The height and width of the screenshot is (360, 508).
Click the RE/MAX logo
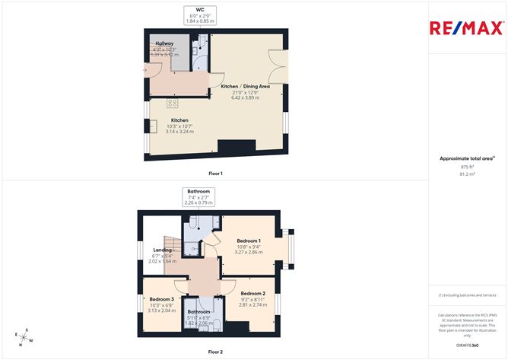[465, 28]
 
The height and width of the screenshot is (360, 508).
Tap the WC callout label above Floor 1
[200, 14]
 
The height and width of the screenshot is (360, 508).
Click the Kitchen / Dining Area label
[240, 92]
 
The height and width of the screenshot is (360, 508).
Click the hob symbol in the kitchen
[173, 104]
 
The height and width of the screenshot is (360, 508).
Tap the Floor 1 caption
[216, 174]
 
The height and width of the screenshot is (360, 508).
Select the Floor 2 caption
[216, 352]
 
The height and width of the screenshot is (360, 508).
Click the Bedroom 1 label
[248, 245]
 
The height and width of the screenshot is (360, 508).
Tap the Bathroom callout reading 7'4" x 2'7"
[199, 197]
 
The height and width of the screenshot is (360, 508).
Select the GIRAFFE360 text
[467, 346]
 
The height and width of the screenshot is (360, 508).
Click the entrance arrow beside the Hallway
[145, 71]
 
